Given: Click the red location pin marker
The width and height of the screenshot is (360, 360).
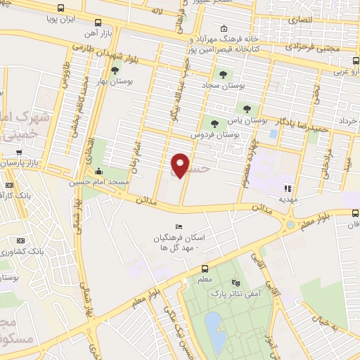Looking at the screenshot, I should coord(180,165).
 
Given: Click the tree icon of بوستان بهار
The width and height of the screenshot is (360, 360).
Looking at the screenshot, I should coord(115,70).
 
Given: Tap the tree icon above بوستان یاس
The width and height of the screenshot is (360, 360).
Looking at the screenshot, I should coord(246,108).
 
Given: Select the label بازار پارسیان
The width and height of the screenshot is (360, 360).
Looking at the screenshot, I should coord(21,163).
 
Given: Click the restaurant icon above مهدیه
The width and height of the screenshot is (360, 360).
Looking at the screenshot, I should coord(287,187).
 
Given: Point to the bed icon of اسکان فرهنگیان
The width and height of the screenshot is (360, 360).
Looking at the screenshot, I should coord(179,226).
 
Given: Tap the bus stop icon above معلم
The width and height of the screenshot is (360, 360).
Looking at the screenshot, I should coord(205,269).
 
